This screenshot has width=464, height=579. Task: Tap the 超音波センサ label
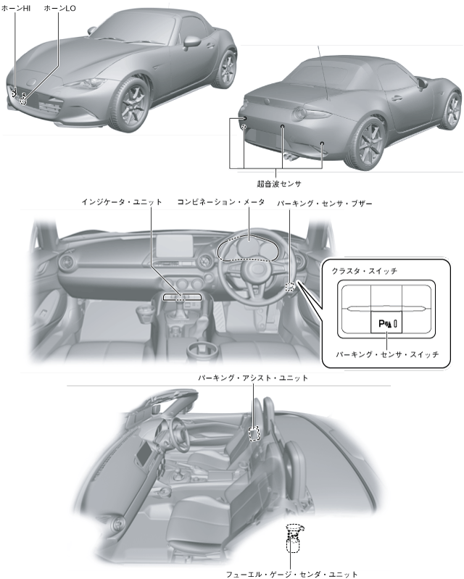(x=279, y=183)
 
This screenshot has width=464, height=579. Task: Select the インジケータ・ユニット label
(x=122, y=203)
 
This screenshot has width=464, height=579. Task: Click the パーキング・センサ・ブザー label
(x=324, y=205)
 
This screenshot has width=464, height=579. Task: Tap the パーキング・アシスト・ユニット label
(x=253, y=378)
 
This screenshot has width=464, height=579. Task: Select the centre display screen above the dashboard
(x=178, y=246)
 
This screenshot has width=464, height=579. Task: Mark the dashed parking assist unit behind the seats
(x=254, y=433)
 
